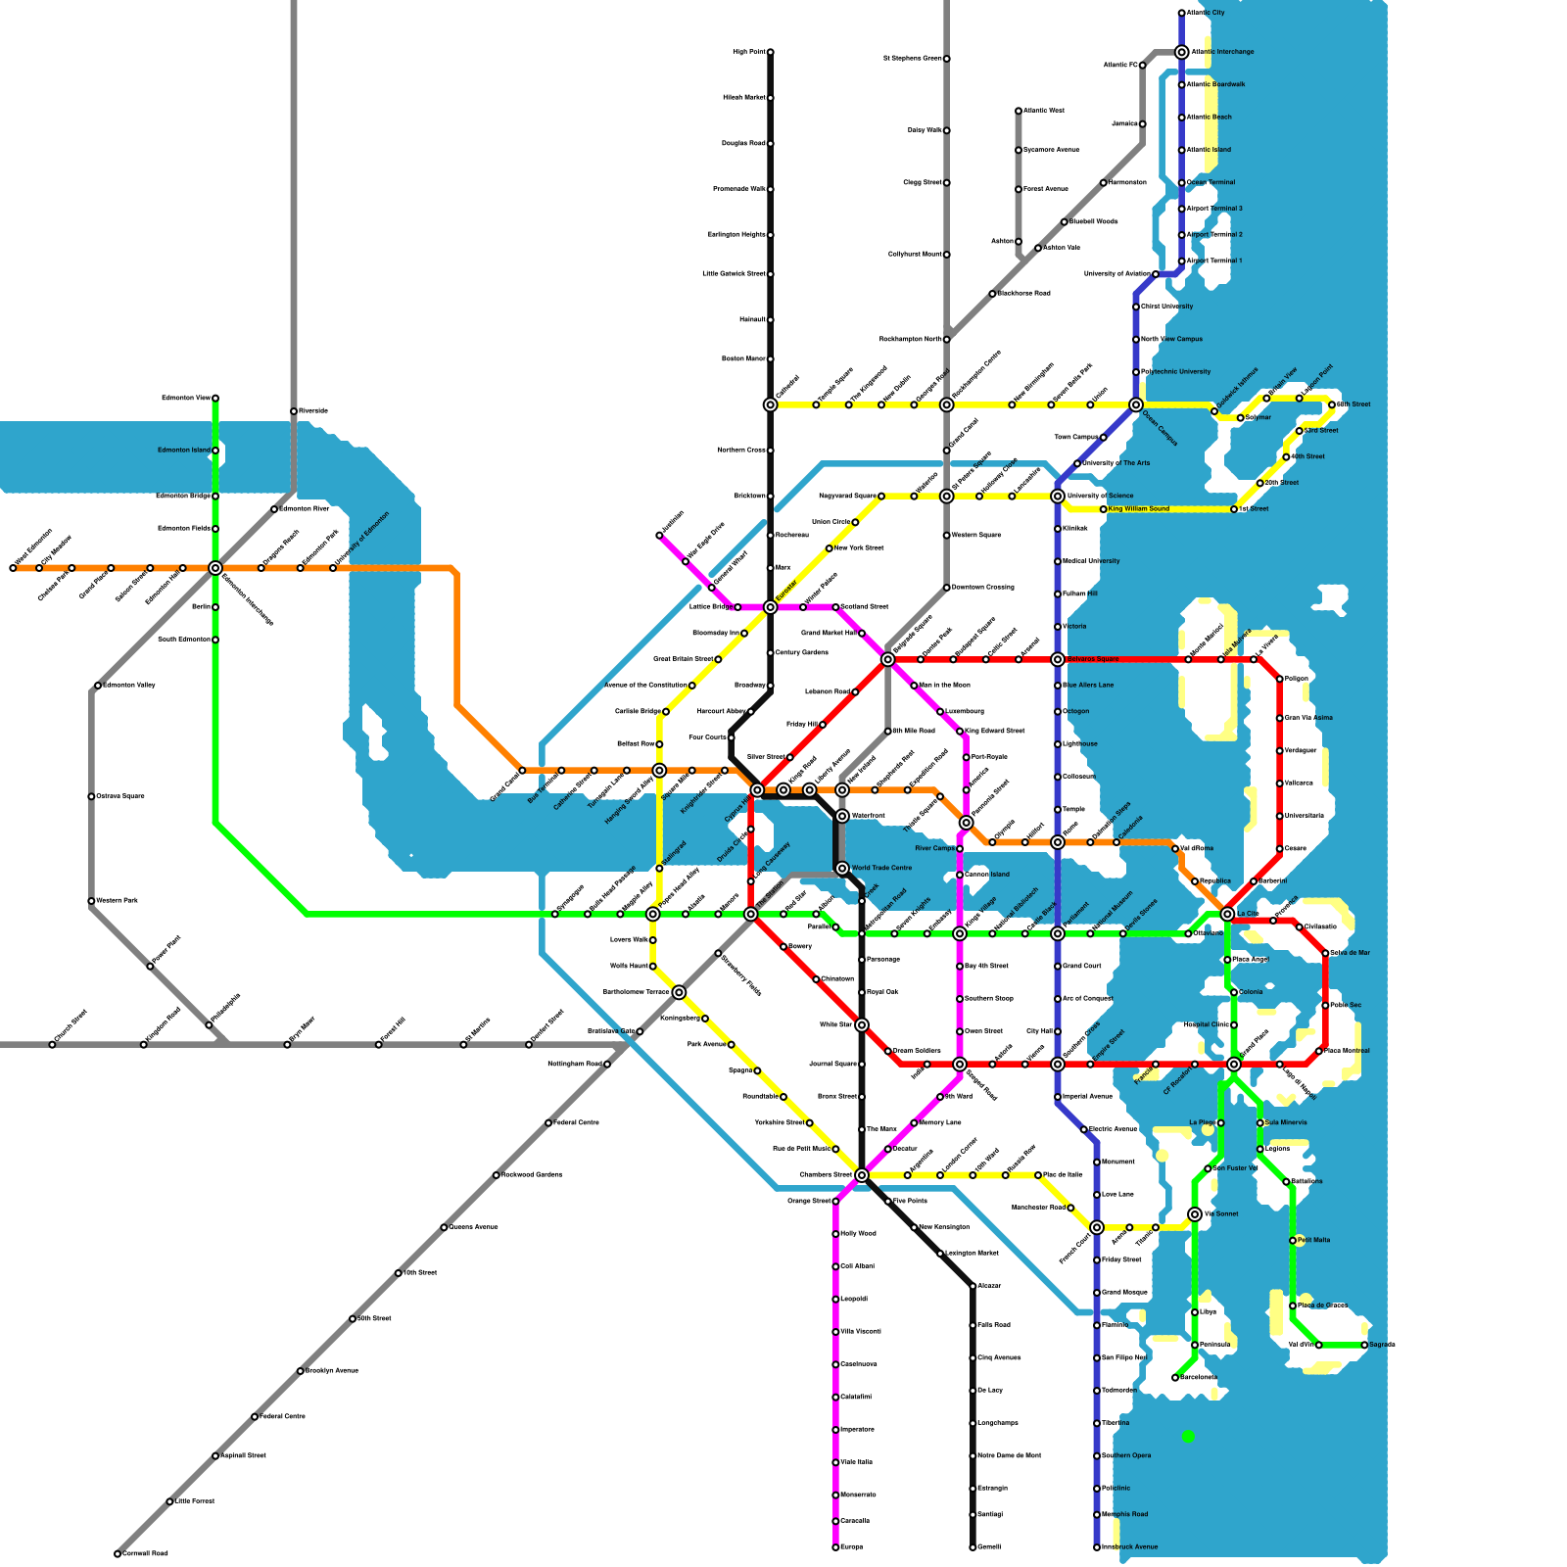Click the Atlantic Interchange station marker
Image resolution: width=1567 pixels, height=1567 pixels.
pyautogui.click(x=1182, y=52)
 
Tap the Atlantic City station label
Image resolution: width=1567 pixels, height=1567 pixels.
pyautogui.click(x=1206, y=13)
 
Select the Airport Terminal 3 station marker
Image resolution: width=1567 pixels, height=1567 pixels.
pyautogui.click(x=1182, y=209)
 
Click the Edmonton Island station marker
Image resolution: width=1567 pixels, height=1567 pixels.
pyautogui.click(x=215, y=451)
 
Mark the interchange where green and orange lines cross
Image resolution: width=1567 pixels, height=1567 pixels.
pyautogui.click(x=215, y=568)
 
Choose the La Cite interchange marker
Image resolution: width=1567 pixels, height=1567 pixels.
pyautogui.click(x=1227, y=914)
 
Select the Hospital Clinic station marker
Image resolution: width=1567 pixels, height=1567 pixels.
pyautogui.click(x=1234, y=1025)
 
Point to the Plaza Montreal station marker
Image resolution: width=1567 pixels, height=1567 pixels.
pyautogui.click(x=1319, y=1051)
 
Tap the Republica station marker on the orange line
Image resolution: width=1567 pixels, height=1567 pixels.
pyautogui.click(x=1195, y=881)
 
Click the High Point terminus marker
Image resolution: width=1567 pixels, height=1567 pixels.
pyautogui.click(x=771, y=52)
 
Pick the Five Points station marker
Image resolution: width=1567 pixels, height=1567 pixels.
pyautogui.click(x=888, y=1201)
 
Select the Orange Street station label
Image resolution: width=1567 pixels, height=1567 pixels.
pyautogui.click(x=809, y=1201)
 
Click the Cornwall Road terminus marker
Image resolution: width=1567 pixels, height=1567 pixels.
pyautogui.click(x=118, y=1554)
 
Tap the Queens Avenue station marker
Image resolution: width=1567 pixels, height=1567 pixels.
pyautogui.click(x=444, y=1227)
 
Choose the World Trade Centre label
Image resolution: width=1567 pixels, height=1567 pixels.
pyautogui.click(x=881, y=868)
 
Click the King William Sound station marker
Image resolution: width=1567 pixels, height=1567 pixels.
pyautogui.click(x=1104, y=509)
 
